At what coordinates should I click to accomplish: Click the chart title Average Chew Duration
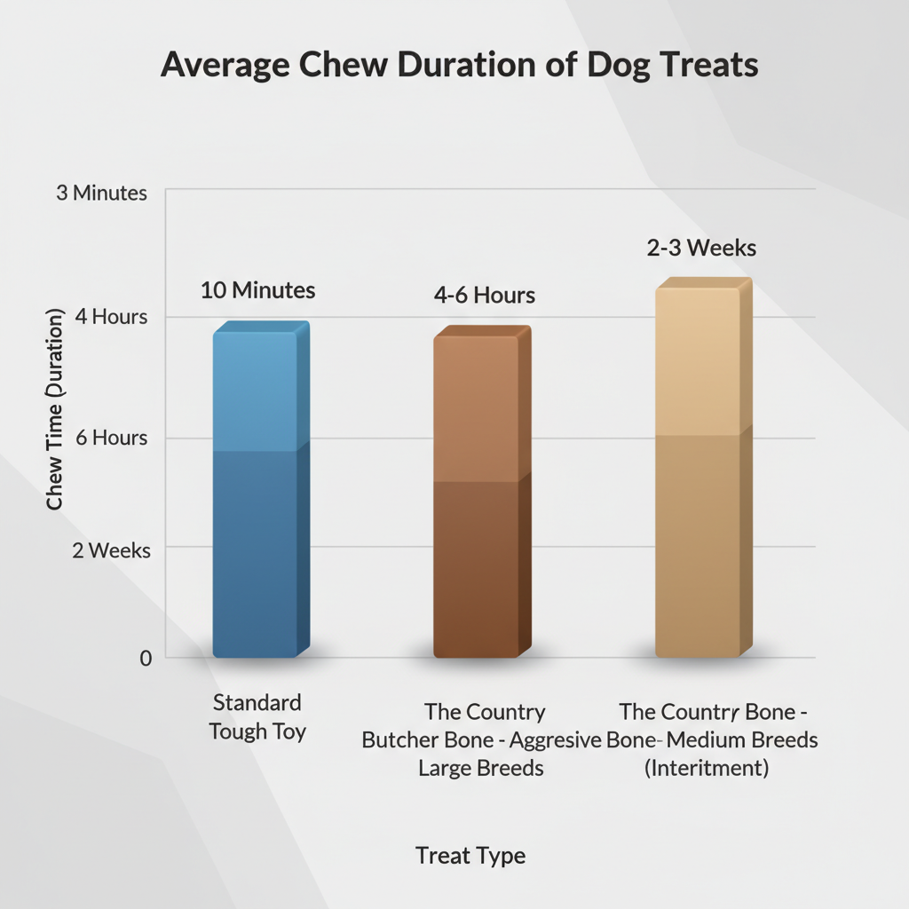point(459,67)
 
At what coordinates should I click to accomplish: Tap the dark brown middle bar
point(480,497)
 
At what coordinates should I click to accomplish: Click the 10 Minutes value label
point(257,290)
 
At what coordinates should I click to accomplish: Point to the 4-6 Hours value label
point(485,296)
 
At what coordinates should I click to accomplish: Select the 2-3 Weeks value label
point(701,248)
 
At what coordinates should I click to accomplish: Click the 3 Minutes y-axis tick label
point(101,193)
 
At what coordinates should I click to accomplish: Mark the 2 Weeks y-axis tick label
point(112,550)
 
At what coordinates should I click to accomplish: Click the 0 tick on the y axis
point(145,658)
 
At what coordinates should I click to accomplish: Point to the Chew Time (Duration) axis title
point(55,409)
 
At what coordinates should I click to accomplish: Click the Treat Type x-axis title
point(470,856)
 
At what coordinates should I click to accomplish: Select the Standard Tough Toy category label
point(257,717)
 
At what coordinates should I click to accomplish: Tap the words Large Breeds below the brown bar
point(480,768)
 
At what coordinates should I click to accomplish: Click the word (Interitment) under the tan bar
point(706,768)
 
